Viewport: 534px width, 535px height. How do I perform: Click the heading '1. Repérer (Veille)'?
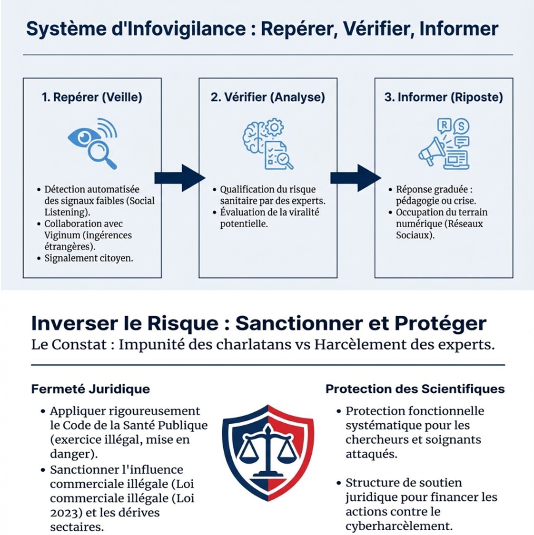(92, 97)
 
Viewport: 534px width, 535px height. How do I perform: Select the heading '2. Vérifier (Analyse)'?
(267, 97)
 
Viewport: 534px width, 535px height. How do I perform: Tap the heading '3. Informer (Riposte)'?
(444, 97)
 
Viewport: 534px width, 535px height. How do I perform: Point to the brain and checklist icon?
(267, 145)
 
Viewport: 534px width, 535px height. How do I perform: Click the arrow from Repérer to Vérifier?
(179, 178)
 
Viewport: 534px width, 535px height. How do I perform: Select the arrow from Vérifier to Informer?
(355, 178)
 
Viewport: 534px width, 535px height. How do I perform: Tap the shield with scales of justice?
(268, 451)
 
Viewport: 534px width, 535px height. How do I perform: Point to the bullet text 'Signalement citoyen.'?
(89, 258)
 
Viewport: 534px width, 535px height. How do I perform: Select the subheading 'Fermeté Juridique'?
(90, 389)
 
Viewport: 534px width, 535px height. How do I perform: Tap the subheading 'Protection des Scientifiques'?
(415, 389)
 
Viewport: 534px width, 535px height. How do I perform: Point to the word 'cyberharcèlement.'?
(399, 526)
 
